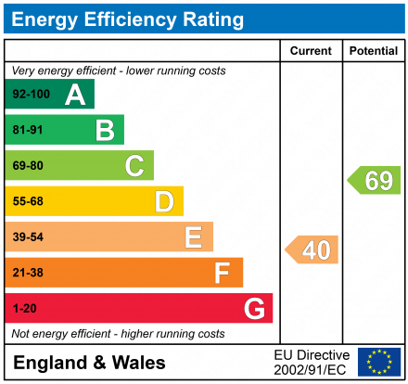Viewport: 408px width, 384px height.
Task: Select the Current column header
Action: pos(311,51)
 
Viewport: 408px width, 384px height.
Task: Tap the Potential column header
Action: pos(374,51)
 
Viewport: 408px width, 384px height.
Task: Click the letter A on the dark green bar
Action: pos(74,95)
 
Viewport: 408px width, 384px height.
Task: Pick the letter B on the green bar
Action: pos(105,130)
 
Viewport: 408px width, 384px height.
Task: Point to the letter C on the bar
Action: pos(134,166)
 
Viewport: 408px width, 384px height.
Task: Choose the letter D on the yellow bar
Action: pos(164,201)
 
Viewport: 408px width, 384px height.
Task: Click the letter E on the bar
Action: pos(193,237)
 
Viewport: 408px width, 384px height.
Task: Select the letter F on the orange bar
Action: pos(223,273)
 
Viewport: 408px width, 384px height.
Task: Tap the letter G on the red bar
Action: pos(253,308)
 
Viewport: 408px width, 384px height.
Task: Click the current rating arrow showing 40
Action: pos(312,250)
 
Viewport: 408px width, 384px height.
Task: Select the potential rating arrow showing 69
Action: pos(375,180)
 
